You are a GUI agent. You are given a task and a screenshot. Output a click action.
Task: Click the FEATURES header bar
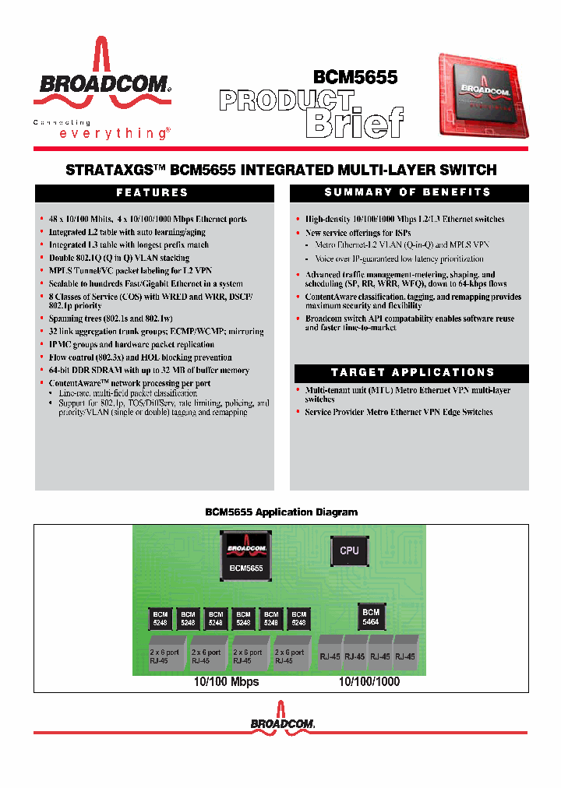click(152, 193)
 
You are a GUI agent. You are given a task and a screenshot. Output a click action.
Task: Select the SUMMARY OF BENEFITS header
click(408, 193)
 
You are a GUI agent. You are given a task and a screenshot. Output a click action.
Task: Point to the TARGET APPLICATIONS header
click(411, 372)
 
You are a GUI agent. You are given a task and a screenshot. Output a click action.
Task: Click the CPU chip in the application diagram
click(349, 551)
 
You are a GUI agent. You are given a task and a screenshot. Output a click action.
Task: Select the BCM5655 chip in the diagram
click(246, 556)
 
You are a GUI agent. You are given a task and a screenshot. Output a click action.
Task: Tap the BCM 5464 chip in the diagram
click(371, 617)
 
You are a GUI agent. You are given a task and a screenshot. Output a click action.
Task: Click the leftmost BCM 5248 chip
click(161, 618)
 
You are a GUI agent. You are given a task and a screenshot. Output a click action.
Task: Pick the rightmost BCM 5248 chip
click(298, 618)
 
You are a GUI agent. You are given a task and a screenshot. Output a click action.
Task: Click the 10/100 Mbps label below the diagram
click(226, 681)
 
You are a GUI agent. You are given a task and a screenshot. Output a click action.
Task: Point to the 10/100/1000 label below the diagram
click(369, 681)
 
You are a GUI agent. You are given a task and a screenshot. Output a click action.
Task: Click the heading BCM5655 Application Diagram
click(280, 512)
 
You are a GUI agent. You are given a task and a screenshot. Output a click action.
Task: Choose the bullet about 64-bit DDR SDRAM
click(149, 371)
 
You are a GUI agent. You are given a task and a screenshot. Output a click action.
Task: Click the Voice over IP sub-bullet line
click(399, 259)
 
